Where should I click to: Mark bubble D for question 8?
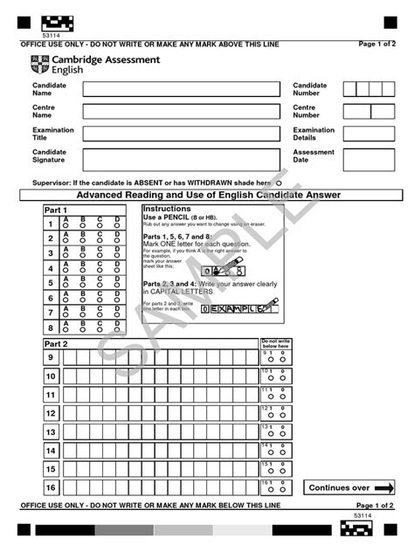[117, 331]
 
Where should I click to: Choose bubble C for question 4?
[100, 272]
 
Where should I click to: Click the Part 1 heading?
[56, 210]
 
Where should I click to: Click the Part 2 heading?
[56, 344]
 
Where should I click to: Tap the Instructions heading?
[166, 210]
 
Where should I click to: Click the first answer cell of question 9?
[69, 357]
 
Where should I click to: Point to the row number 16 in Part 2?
[51, 487]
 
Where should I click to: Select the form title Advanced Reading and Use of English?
[206, 195]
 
